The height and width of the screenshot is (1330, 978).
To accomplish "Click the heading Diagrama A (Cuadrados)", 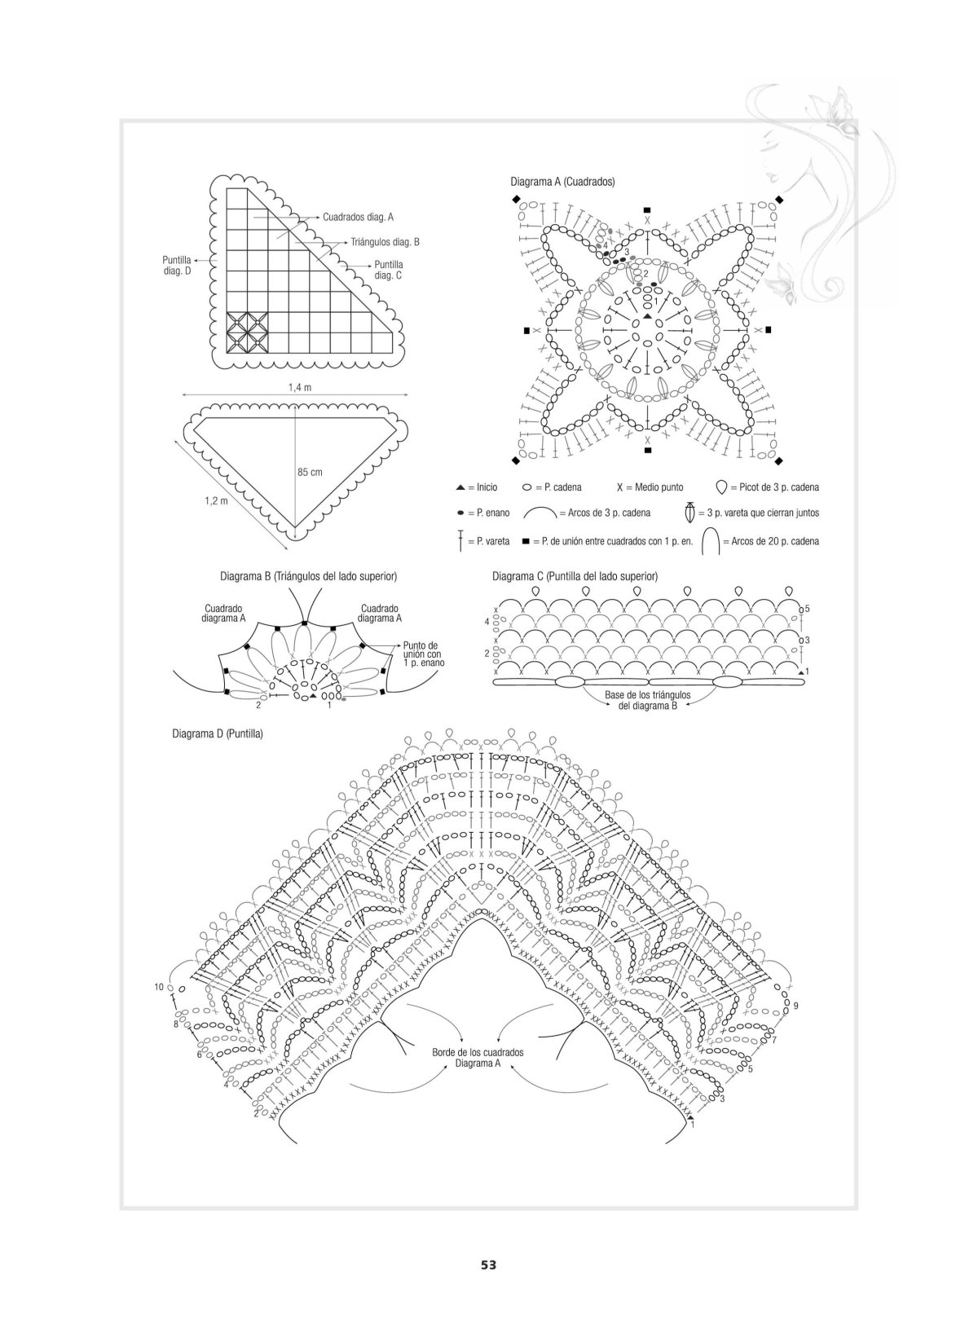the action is pyautogui.click(x=562, y=182).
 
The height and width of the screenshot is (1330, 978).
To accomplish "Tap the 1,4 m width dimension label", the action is pyautogui.click(x=300, y=387).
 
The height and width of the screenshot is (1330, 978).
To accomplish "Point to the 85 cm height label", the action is pyautogui.click(x=310, y=472).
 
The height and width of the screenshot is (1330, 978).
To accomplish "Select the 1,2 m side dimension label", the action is pyautogui.click(x=216, y=500).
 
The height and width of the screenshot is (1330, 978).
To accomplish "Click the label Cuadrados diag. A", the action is pyautogui.click(x=358, y=218).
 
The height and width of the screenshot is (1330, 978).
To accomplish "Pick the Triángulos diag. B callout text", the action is pyautogui.click(x=385, y=242).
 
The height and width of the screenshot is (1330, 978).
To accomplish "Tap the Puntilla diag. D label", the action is pyautogui.click(x=177, y=266).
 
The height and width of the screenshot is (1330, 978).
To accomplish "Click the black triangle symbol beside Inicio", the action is pyautogui.click(x=460, y=487).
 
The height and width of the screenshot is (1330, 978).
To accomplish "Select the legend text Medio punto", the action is pyautogui.click(x=659, y=487).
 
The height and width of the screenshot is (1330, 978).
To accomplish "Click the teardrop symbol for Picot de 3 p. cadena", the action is pyautogui.click(x=721, y=487).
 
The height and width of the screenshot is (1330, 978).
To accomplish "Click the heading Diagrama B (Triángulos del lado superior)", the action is pyautogui.click(x=308, y=576).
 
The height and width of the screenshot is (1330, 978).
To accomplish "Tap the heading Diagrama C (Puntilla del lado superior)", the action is pyautogui.click(x=575, y=576).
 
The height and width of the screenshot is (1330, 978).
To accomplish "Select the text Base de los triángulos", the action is pyautogui.click(x=647, y=694).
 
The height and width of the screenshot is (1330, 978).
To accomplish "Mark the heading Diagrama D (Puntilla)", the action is pyautogui.click(x=218, y=734).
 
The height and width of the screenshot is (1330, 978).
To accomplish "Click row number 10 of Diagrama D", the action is pyautogui.click(x=159, y=987).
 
